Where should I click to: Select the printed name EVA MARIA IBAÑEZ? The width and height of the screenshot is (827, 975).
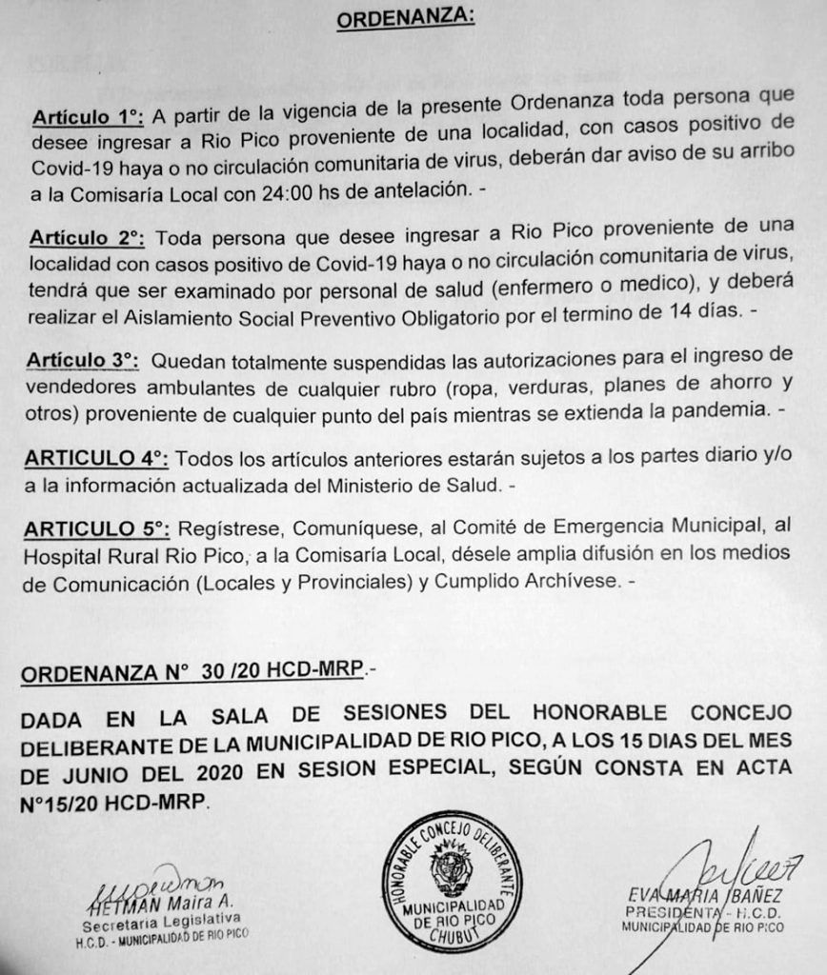coord(706,893)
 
